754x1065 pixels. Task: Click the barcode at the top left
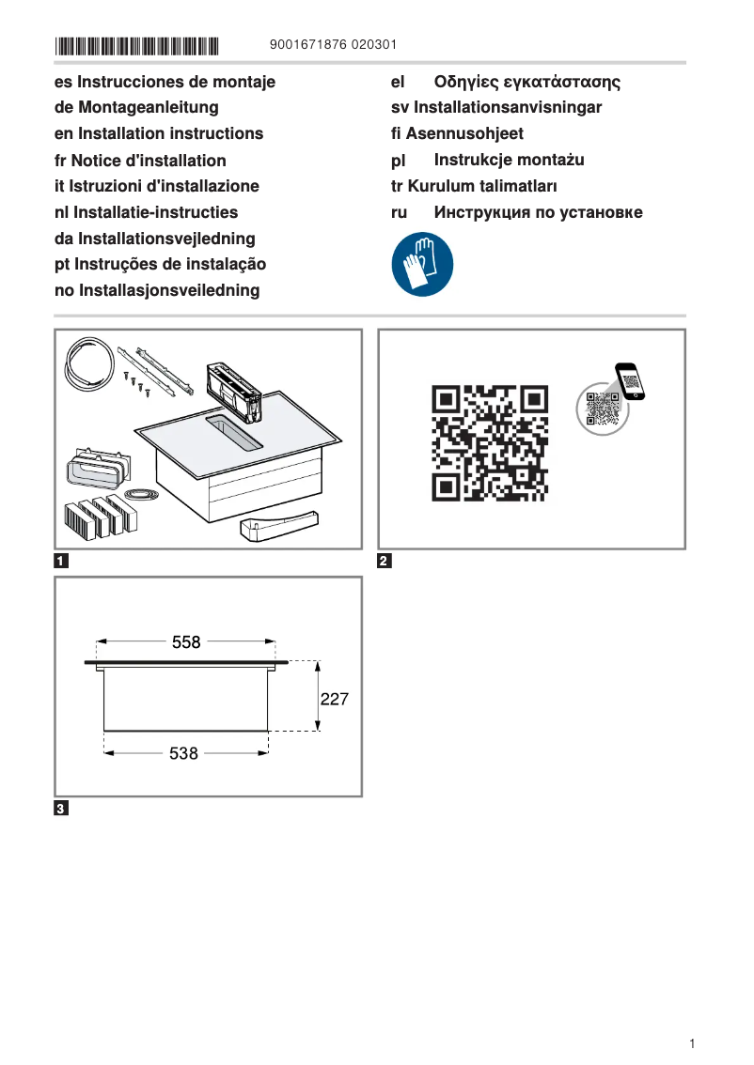136,45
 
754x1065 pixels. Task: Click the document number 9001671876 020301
333,45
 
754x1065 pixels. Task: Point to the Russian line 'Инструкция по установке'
538,212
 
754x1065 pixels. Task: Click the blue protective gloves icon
422,265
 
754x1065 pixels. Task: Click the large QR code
490,442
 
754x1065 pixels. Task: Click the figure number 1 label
61,562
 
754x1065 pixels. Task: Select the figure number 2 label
384,562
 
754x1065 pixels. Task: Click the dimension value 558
186,642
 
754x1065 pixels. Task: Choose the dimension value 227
335,699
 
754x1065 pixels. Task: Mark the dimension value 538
183,753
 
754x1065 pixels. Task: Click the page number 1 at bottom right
691,1043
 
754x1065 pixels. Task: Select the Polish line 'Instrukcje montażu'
509,160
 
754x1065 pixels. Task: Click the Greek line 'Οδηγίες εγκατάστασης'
526,82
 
